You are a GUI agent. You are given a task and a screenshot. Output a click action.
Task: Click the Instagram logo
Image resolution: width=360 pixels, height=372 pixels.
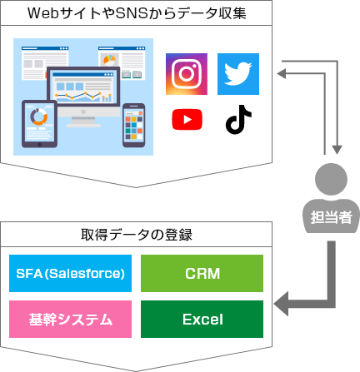tap(187, 74)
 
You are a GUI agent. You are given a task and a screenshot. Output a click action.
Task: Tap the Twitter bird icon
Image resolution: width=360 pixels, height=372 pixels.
tap(238, 74)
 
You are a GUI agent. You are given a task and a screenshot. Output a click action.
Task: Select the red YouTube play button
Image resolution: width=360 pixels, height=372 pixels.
tap(187, 119)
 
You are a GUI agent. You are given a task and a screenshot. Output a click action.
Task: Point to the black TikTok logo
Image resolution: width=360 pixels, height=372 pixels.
tap(238, 120)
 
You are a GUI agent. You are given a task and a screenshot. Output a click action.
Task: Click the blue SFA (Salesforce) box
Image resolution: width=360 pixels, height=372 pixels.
tap(70, 273)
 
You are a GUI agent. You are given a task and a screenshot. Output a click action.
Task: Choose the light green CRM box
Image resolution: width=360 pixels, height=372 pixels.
tap(202, 273)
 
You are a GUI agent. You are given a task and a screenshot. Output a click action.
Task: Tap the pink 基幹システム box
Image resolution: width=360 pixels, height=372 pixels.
tap(70, 319)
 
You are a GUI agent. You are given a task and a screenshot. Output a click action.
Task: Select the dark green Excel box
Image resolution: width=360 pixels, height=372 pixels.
tap(202, 319)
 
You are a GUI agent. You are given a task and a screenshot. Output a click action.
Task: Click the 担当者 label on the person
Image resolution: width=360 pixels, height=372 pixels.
tap(331, 217)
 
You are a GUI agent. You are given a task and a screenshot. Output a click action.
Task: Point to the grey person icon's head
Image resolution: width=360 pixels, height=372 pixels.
tap(331, 179)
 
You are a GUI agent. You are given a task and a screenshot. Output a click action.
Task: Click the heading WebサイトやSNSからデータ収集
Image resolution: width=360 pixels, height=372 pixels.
tap(137, 13)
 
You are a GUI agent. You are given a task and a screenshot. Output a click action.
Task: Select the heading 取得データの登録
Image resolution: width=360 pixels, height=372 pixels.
tap(137, 235)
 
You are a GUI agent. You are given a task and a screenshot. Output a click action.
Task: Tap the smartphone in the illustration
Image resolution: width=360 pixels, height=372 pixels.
tap(134, 125)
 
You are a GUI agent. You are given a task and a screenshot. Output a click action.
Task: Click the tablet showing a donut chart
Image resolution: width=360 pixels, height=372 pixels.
tap(39, 124)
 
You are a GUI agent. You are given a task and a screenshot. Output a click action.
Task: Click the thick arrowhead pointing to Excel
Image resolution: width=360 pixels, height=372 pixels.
tap(281, 304)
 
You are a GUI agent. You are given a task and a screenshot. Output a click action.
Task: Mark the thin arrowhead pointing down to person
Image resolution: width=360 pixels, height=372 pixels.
tap(337, 150)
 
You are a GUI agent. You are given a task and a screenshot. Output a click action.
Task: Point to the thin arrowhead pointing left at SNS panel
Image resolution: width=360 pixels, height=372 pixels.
tap(281, 73)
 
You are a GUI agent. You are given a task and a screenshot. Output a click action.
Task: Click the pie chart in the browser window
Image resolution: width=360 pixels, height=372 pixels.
tap(109, 59)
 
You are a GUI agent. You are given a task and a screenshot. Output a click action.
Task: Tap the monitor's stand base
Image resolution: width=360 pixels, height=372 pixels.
tap(83, 126)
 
